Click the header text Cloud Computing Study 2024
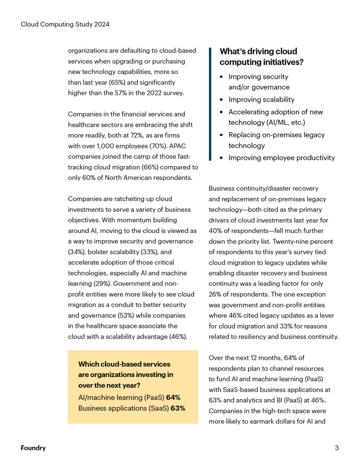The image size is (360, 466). pos(65,24)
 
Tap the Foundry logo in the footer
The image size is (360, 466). pos(33,448)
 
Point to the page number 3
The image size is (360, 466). pos(337,448)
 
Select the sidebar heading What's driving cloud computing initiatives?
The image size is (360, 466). pos(262,57)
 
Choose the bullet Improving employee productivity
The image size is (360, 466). pos(281,158)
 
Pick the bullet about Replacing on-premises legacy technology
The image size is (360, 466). pos(277,140)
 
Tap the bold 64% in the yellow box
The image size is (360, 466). pos(173,398)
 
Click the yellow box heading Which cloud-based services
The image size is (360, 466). pos(121,365)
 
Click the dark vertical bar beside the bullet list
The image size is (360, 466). pos(211,104)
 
